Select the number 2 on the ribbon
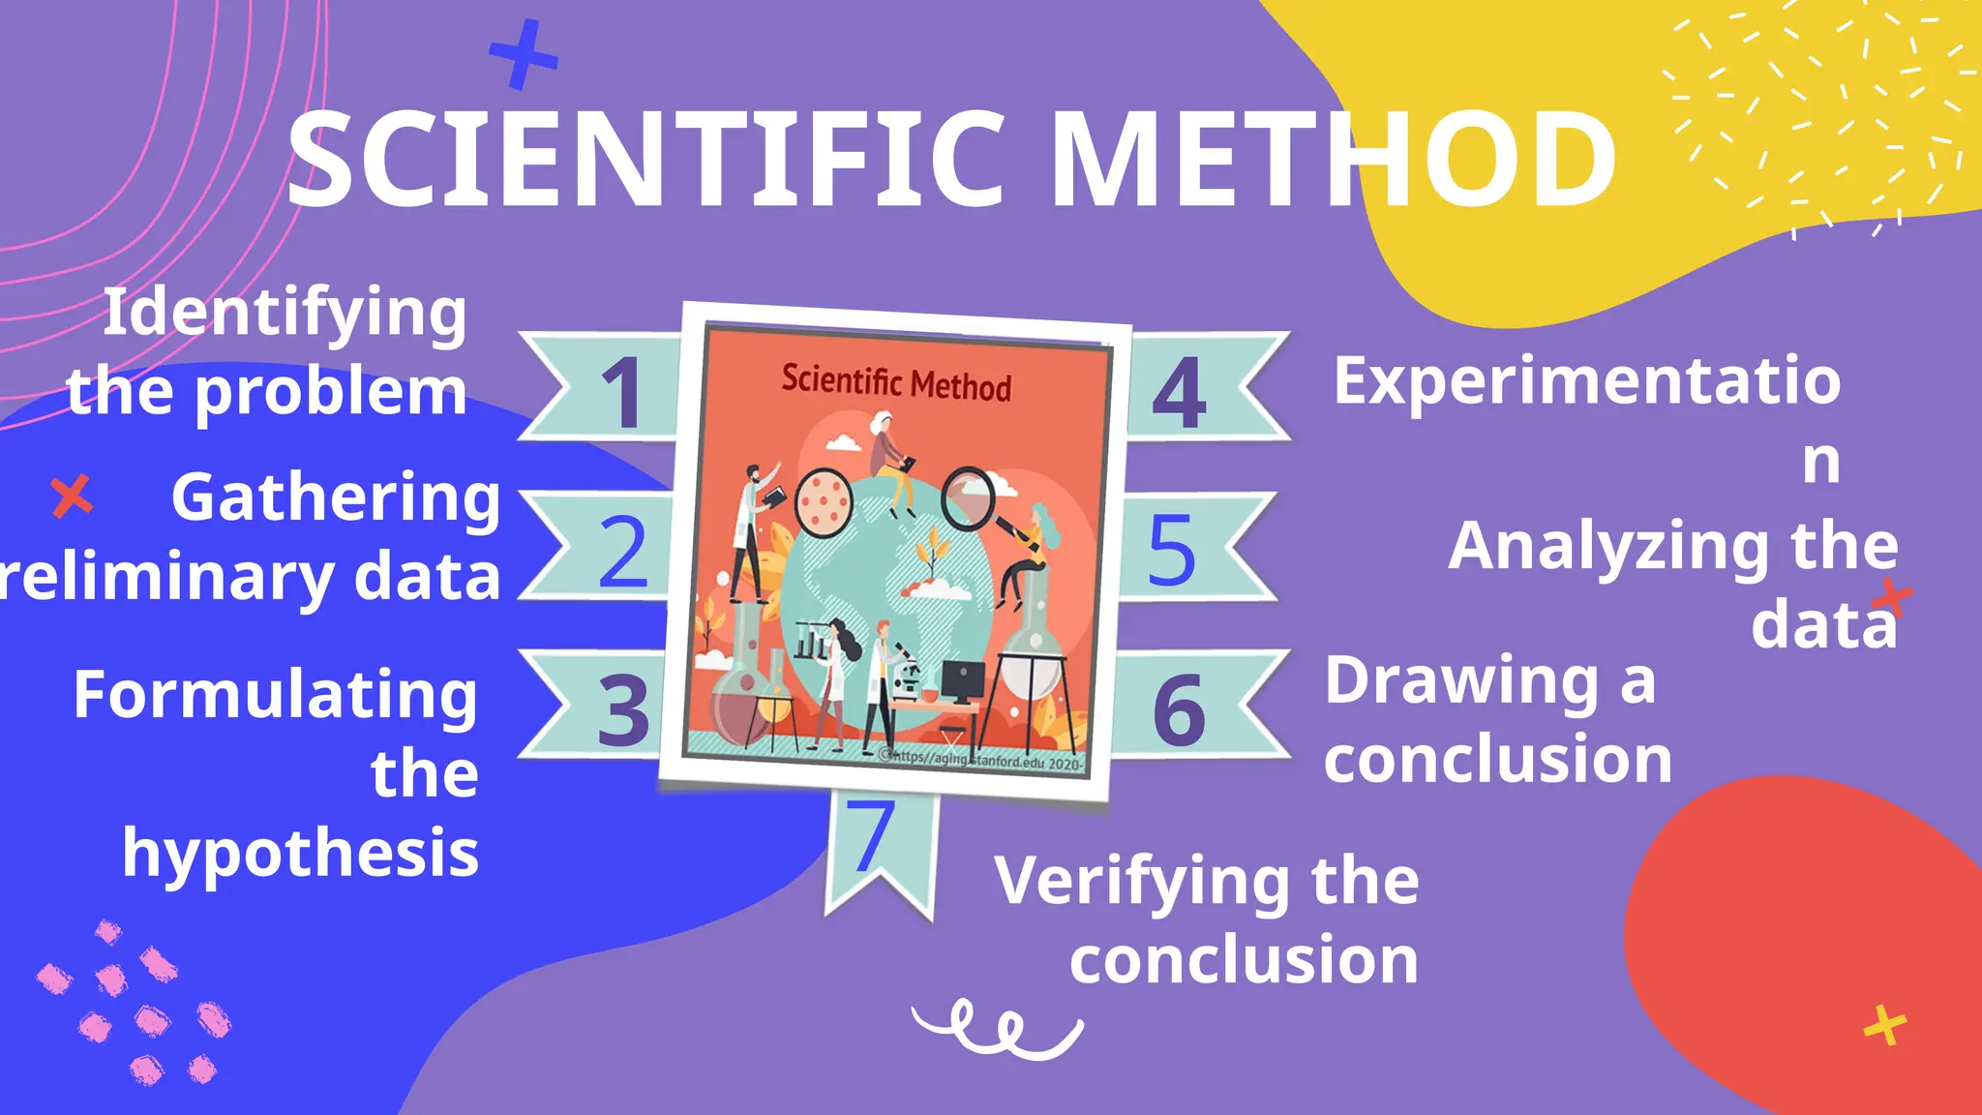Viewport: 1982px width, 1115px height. click(622, 551)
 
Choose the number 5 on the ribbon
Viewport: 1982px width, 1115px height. click(1171, 550)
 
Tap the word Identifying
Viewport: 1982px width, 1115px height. click(285, 313)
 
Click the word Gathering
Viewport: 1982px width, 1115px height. click(336, 498)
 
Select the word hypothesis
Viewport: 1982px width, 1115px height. click(300, 854)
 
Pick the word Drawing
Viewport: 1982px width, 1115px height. click(1461, 681)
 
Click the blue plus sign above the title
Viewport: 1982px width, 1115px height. click(524, 55)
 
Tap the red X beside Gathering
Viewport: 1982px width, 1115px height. click(72, 497)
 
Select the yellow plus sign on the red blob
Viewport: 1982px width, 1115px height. click(1884, 1026)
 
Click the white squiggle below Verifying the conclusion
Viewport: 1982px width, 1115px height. click(997, 1028)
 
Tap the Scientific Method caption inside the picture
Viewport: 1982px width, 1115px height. click(896, 382)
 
